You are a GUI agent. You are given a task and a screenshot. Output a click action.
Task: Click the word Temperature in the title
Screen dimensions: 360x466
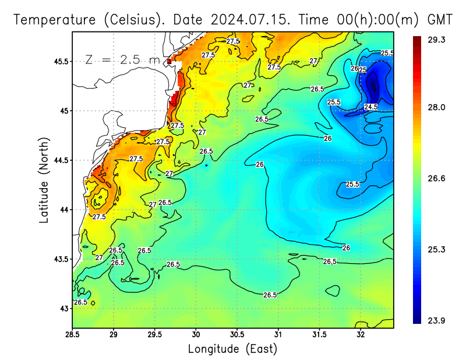point(54,19)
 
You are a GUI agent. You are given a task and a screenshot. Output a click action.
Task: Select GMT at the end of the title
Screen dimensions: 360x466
point(440,19)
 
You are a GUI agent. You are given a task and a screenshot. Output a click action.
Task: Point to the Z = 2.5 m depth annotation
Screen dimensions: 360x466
point(122,59)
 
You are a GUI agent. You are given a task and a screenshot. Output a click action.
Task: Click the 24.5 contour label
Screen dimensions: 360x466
point(370,107)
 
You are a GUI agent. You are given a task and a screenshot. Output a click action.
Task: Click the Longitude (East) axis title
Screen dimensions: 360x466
point(232,349)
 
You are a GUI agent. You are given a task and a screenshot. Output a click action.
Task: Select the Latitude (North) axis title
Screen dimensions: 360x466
point(44,179)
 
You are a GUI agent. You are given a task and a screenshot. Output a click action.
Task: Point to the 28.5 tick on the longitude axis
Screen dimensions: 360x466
point(72,335)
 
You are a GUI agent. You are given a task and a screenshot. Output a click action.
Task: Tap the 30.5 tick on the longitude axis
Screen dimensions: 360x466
point(237,335)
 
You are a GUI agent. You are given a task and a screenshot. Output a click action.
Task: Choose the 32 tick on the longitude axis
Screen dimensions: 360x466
point(361,335)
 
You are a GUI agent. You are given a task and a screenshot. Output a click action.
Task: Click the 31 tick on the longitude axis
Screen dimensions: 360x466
point(278,335)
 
